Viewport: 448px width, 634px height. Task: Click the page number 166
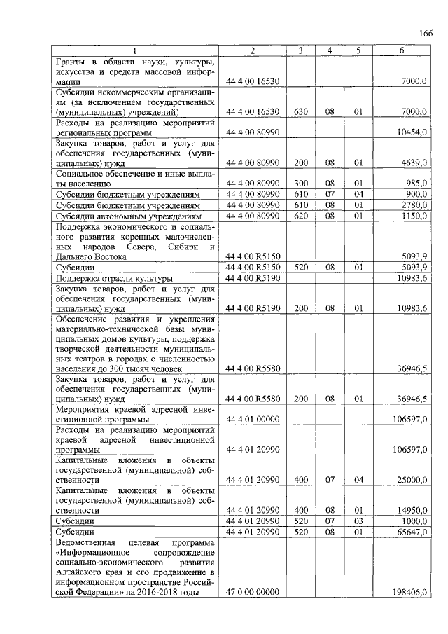(426, 34)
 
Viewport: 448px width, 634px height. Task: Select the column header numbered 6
(401, 50)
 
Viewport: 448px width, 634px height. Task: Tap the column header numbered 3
(300, 50)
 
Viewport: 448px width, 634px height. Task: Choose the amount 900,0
(416, 194)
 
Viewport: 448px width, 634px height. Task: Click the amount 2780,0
(414, 205)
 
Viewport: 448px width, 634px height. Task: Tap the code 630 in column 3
(301, 111)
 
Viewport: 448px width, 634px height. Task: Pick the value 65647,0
(412, 532)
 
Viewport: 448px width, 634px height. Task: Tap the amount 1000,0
(414, 521)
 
